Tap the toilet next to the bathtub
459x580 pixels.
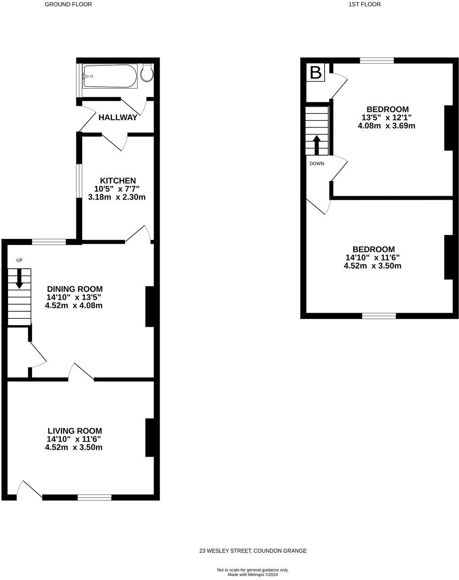(x=146, y=73)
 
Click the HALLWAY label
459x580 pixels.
(x=118, y=117)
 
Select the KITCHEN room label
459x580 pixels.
(x=118, y=181)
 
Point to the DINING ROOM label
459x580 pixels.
(x=75, y=289)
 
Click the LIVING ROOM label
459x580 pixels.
(x=75, y=431)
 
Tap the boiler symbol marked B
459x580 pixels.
(x=316, y=72)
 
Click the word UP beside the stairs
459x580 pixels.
(x=19, y=260)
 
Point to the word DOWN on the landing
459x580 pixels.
(x=317, y=164)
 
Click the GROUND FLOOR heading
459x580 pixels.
(x=68, y=4)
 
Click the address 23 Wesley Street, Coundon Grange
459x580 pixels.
(x=253, y=551)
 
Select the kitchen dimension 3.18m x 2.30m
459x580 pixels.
(x=117, y=197)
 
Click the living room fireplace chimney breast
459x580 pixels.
(x=149, y=438)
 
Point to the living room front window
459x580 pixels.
(x=95, y=497)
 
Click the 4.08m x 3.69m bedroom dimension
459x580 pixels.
(x=387, y=126)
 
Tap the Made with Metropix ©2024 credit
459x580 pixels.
(x=253, y=575)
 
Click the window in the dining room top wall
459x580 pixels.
(x=49, y=242)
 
